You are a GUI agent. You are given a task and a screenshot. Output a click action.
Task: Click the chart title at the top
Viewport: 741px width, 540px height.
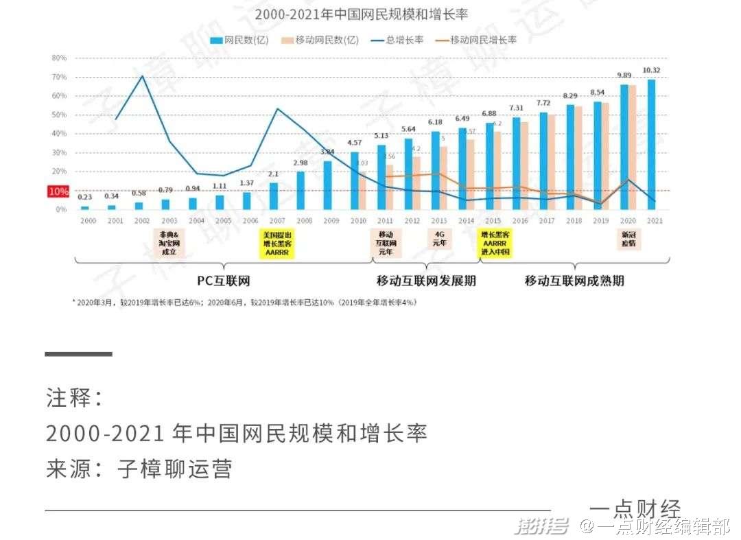pos(361,14)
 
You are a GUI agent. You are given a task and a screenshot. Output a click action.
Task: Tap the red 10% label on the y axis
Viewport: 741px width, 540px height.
pos(58,191)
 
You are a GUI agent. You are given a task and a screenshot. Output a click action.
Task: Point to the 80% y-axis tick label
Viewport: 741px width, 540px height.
pos(59,58)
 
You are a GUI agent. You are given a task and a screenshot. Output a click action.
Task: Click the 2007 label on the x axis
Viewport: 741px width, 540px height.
pos(278,220)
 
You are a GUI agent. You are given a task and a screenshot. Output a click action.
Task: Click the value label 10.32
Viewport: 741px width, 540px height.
pos(651,71)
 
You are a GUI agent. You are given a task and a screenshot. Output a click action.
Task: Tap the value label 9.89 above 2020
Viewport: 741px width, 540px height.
pos(624,75)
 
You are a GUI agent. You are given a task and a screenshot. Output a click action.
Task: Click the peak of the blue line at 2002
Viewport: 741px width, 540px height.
pos(142,76)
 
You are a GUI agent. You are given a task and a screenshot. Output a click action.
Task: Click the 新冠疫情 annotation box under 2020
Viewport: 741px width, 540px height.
pos(628,239)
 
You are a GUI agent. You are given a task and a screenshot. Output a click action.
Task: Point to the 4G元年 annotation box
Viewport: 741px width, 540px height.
pos(439,238)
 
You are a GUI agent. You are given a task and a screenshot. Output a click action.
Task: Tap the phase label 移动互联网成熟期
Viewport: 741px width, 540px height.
pos(574,281)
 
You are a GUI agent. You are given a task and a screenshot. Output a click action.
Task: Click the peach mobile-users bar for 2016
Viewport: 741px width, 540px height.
pos(524,165)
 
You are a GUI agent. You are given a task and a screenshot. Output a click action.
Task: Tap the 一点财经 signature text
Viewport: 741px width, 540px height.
pos(635,509)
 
